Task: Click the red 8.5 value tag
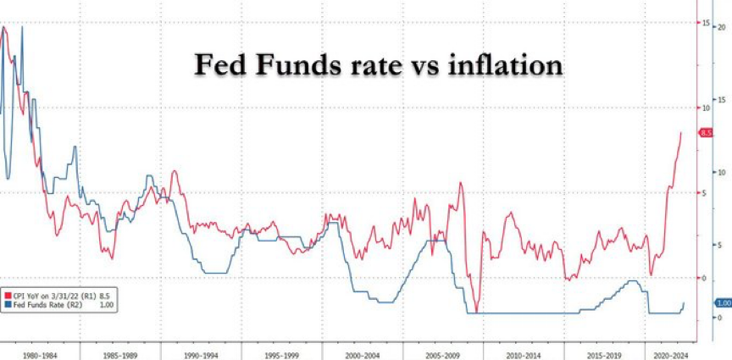coord(705,133)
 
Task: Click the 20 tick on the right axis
coord(721,26)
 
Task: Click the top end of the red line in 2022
coord(680,132)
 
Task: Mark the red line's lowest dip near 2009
coord(477,311)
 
